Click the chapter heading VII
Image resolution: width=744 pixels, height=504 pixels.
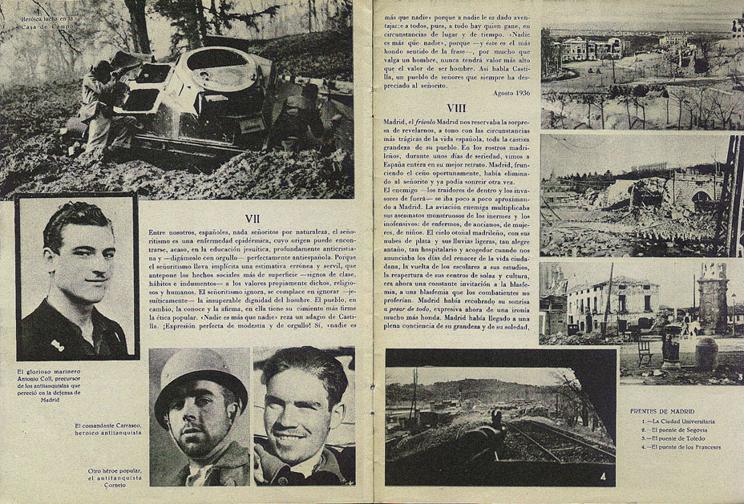(x=253, y=218)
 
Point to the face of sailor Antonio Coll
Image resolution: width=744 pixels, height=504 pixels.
(x=80, y=261)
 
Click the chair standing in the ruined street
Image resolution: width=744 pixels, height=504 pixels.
(x=645, y=349)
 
